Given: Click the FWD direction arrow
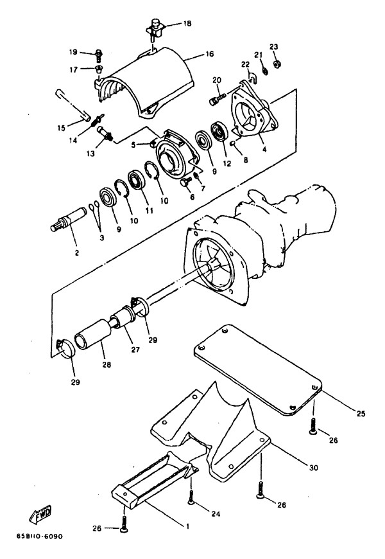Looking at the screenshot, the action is click(x=40, y=514).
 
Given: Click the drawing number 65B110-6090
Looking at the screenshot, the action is click(x=39, y=537).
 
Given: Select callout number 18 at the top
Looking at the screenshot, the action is click(x=187, y=24).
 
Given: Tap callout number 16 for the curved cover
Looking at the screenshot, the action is click(x=210, y=54).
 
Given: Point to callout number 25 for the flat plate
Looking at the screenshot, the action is click(x=361, y=414).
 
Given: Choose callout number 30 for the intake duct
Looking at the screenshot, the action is click(x=313, y=467).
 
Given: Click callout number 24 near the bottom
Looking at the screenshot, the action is click(x=216, y=514).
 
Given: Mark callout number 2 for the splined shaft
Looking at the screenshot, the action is click(x=76, y=253).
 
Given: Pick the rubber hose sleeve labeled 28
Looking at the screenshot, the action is click(x=93, y=335).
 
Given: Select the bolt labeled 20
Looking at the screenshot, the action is click(x=218, y=98).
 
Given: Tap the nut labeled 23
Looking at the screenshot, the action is click(x=276, y=64).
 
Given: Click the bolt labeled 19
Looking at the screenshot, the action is click(x=99, y=56).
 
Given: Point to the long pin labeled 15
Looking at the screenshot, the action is click(x=73, y=105).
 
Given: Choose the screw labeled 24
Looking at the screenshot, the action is click(x=192, y=497).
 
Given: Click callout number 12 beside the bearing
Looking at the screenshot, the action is click(x=227, y=163).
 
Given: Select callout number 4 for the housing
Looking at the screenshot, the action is click(x=264, y=149).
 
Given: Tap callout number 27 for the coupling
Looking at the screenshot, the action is click(x=135, y=350).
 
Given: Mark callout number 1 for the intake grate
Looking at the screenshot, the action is click(x=187, y=526).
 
